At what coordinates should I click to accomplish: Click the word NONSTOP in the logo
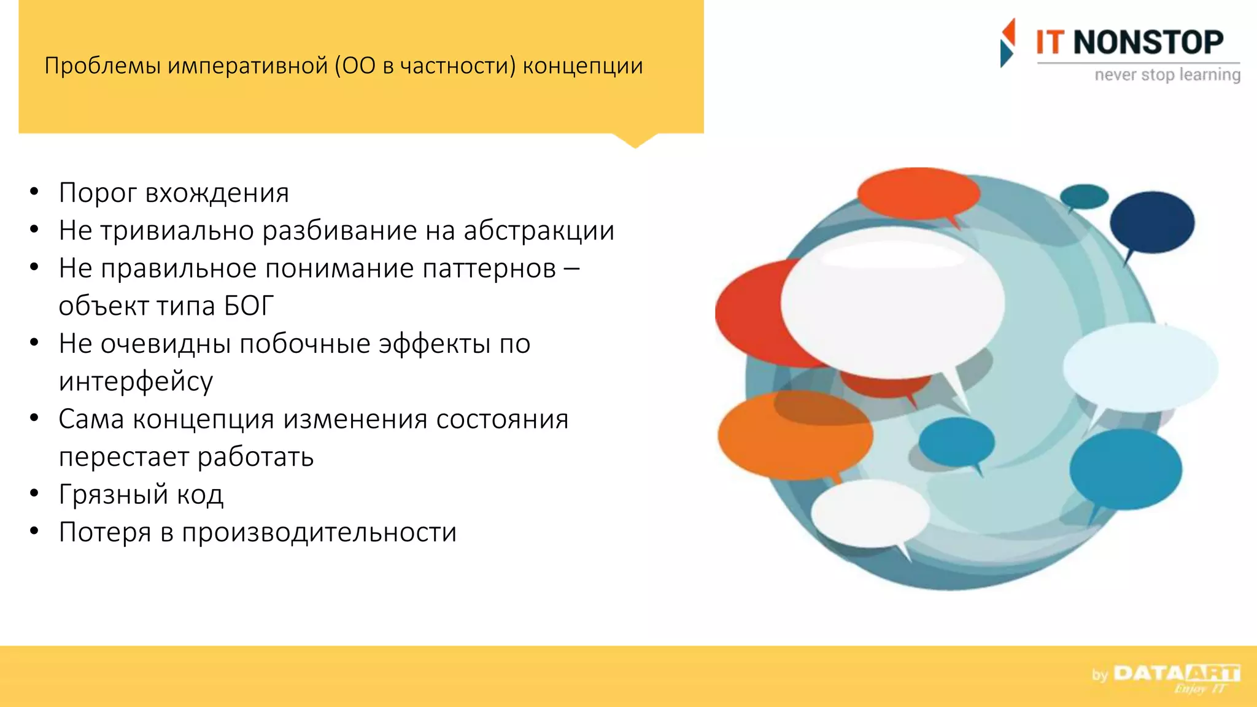tap(1148, 43)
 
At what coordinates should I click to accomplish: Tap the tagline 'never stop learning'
tap(1167, 75)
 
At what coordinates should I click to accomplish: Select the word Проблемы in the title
tap(102, 66)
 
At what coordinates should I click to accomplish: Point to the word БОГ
tap(249, 306)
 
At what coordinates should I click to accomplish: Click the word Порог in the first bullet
tap(98, 193)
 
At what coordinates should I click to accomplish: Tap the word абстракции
tap(538, 231)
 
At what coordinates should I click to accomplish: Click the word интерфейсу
tap(136, 382)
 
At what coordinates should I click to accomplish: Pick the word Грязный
tap(114, 495)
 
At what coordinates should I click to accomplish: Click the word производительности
tap(319, 532)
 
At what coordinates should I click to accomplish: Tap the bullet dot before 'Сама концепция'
tap(34, 419)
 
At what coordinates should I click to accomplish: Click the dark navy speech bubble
tap(1151, 222)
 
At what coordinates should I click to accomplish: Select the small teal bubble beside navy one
tap(1084, 196)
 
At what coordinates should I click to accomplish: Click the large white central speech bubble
tap(892, 302)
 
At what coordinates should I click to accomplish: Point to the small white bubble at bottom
tap(870, 514)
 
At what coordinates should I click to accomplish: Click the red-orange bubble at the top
tap(918, 193)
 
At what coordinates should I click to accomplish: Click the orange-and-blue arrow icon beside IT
tap(1007, 42)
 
